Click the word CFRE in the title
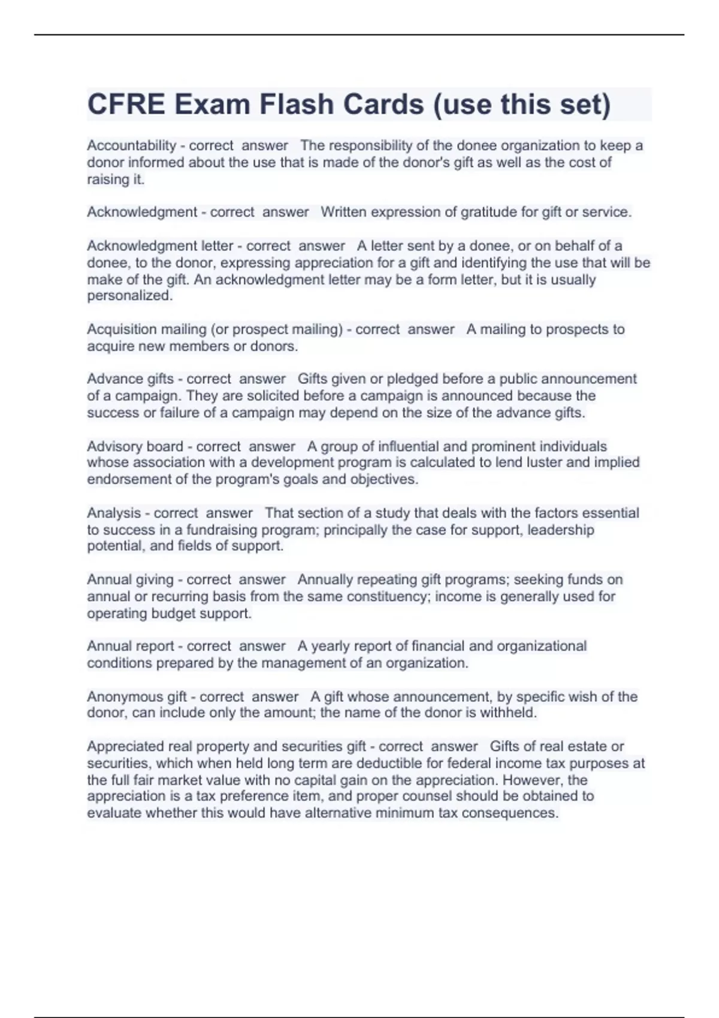coord(126,104)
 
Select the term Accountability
coord(131,146)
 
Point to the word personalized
coord(129,296)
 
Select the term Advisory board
coord(135,446)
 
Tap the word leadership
coord(560,530)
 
